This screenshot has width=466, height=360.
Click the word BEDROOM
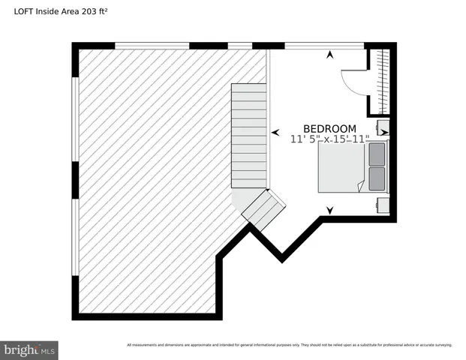(x=329, y=128)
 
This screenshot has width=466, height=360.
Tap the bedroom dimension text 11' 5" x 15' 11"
(x=329, y=139)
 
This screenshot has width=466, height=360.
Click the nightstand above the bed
(x=383, y=126)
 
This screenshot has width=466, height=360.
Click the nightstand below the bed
(x=382, y=204)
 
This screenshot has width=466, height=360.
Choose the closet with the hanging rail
(x=383, y=79)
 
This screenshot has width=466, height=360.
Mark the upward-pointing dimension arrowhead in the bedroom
(x=329, y=54)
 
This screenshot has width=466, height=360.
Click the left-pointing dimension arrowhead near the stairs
(x=273, y=133)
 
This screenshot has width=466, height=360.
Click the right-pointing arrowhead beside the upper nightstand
(x=384, y=133)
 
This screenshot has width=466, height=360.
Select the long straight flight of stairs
(x=249, y=135)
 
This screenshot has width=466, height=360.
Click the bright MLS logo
(x=30, y=349)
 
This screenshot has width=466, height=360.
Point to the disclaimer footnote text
(x=289, y=345)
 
